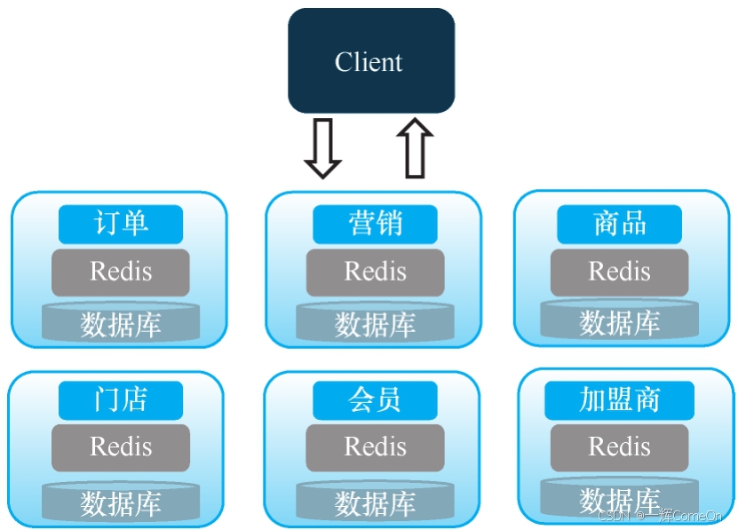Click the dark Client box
click(x=370, y=61)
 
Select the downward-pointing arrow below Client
click(x=322, y=148)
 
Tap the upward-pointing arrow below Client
click(x=415, y=148)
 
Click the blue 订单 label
click(x=121, y=224)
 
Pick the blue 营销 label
click(x=375, y=224)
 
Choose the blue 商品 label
click(x=619, y=224)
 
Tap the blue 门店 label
click(x=121, y=400)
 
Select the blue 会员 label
click(x=375, y=400)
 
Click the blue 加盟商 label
click(x=619, y=400)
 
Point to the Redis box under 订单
click(x=121, y=272)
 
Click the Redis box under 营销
click(x=375, y=272)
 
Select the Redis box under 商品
click(x=619, y=272)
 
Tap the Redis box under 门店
click(x=121, y=447)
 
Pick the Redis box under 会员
click(x=375, y=447)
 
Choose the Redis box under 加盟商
click(x=619, y=447)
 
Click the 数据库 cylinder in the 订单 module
click(x=121, y=324)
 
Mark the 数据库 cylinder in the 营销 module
click(x=375, y=324)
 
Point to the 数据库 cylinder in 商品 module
click(x=619, y=322)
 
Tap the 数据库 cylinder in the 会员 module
click(x=375, y=502)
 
